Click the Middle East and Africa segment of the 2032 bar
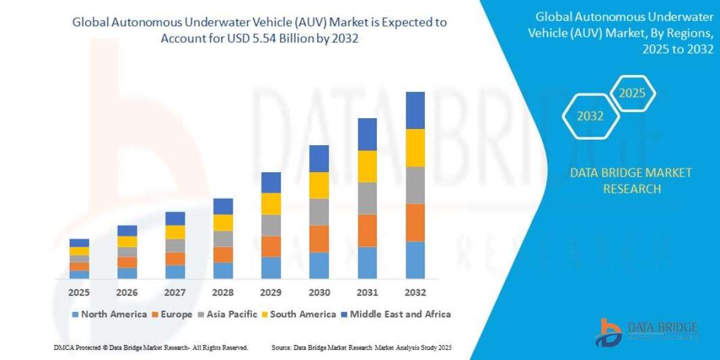415,110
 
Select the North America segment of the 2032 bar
415,260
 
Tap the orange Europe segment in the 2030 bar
319,239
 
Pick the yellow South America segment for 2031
367,166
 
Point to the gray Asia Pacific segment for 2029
271,226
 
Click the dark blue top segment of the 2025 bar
79,242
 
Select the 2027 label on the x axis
175,293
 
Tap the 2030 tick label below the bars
319,293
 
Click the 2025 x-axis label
79,293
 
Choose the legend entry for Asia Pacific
230,314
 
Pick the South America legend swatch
265,314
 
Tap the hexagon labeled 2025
632,93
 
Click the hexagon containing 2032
590,116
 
